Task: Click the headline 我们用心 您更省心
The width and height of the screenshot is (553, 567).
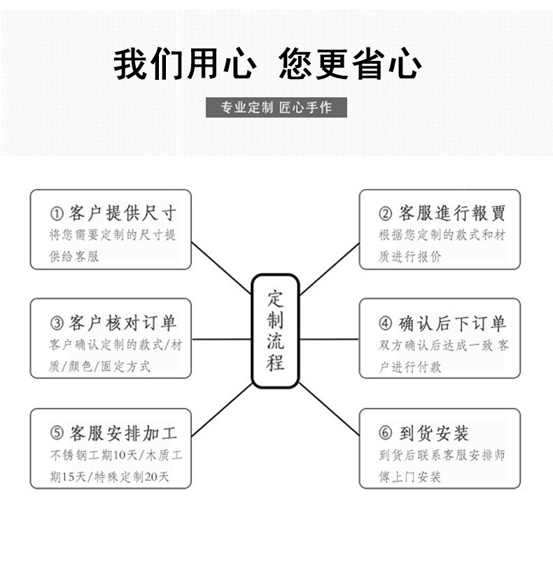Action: [267, 66]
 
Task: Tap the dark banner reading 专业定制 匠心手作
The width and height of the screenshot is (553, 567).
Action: [276, 108]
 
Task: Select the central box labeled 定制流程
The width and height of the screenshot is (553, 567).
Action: [275, 331]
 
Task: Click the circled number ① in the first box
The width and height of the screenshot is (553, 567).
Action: [56, 213]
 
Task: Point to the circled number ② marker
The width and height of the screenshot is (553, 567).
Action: [386, 213]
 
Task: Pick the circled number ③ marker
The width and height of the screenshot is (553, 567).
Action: [56, 323]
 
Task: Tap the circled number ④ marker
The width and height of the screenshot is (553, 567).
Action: [386, 323]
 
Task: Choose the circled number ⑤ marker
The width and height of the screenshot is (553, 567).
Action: [56, 433]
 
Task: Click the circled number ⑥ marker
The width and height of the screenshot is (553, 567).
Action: [386, 433]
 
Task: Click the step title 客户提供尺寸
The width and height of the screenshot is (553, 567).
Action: [122, 213]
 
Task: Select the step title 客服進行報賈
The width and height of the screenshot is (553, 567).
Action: [451, 213]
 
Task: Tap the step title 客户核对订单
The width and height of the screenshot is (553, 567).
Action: [122, 323]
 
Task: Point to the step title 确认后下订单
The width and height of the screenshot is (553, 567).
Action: [451, 323]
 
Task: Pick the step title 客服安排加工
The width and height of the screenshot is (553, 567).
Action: [122, 433]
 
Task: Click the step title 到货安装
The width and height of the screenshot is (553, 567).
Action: [434, 433]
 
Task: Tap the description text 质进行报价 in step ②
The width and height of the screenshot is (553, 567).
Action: [410, 257]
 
